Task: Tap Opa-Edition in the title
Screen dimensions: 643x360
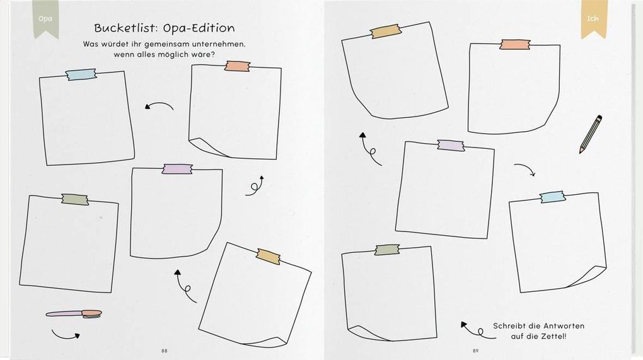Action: click(x=199, y=28)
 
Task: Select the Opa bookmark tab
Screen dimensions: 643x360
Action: click(x=45, y=19)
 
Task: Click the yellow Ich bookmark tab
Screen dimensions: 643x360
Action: click(x=593, y=19)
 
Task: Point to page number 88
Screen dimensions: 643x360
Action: click(x=165, y=351)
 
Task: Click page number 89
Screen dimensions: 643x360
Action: click(x=476, y=351)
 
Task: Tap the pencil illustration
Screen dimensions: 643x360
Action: click(x=591, y=134)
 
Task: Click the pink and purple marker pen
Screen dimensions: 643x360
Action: click(x=74, y=314)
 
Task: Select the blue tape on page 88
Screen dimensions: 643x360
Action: click(x=81, y=74)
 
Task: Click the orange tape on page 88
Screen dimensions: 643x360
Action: click(x=238, y=66)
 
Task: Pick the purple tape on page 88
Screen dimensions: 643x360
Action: click(x=177, y=169)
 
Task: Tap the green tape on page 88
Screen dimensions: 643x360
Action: click(x=75, y=200)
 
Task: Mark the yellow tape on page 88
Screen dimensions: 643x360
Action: click(x=269, y=256)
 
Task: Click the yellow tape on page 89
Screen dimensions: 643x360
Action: click(x=385, y=31)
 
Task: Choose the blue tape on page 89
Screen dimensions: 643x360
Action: click(x=552, y=197)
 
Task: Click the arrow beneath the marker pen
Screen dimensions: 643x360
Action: click(x=65, y=336)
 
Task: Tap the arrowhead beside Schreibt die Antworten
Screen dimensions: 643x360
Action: click(x=464, y=324)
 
